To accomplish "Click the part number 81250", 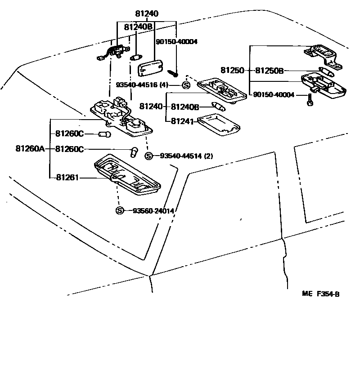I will (x=232, y=71).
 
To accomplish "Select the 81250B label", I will (x=270, y=71).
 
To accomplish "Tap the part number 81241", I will (x=181, y=121).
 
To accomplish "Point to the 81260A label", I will (x=30, y=149).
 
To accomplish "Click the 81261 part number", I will (x=67, y=178).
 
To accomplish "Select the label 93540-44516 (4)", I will (x=142, y=85).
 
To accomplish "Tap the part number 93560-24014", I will (x=153, y=211).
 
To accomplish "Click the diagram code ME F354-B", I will (x=320, y=295).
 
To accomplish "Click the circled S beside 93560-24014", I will (x=119, y=211).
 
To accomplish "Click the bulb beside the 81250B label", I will (x=327, y=70).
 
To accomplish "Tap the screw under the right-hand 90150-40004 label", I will (x=310, y=101).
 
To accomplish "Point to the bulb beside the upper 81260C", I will (x=104, y=134).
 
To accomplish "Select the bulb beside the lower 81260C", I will (x=134, y=152).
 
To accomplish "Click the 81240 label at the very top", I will (x=147, y=14).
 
